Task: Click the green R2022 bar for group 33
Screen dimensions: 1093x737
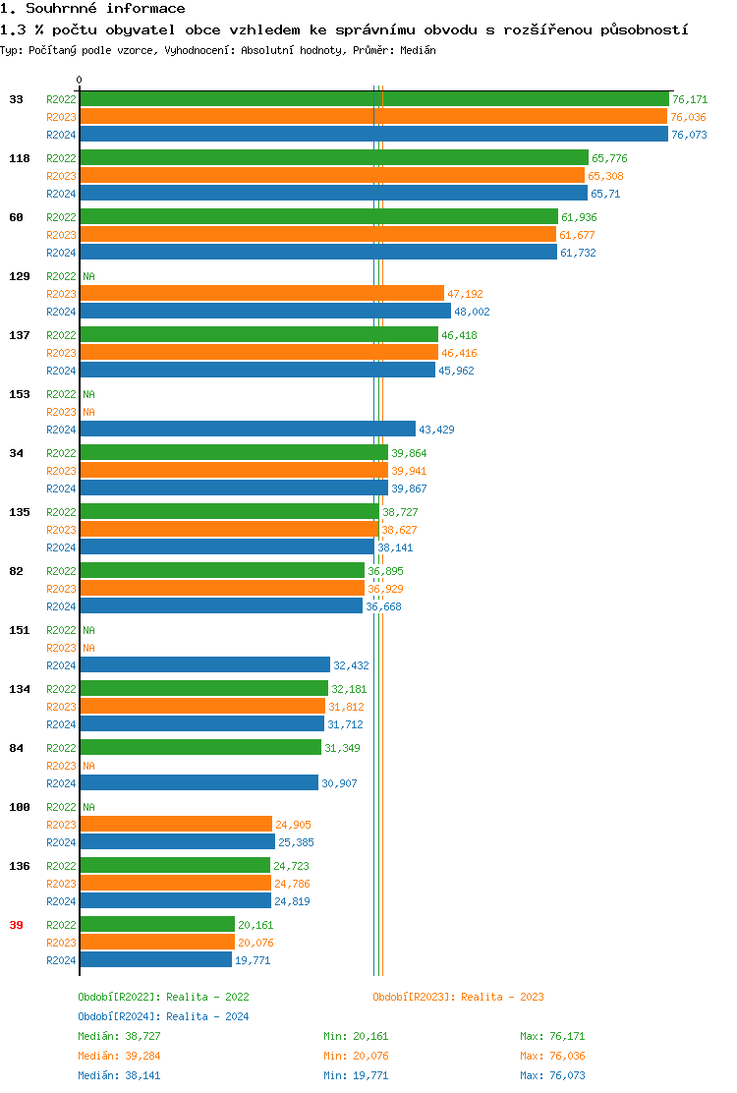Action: [x=373, y=99]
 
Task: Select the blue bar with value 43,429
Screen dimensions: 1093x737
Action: [x=248, y=430]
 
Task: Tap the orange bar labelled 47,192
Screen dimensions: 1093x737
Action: [x=261, y=294]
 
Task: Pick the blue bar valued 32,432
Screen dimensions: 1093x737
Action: [x=204, y=665]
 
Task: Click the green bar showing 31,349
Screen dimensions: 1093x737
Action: [x=200, y=748]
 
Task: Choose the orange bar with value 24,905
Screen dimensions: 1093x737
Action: [x=176, y=825]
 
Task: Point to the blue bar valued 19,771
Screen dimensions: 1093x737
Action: [x=155, y=960]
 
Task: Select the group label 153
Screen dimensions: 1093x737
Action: [x=19, y=394]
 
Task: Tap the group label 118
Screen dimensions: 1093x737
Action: [x=19, y=158]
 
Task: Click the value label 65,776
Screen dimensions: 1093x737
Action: [x=609, y=158]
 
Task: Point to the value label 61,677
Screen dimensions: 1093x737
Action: [x=577, y=235]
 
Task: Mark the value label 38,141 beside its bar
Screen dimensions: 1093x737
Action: [x=395, y=547]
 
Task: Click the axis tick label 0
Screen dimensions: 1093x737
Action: [x=80, y=80]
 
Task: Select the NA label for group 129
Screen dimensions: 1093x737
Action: [x=88, y=276]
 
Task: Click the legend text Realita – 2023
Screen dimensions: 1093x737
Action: [x=502, y=997]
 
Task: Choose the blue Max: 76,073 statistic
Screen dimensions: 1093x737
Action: [x=552, y=1075]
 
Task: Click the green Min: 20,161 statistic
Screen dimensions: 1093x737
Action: [x=356, y=1036]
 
